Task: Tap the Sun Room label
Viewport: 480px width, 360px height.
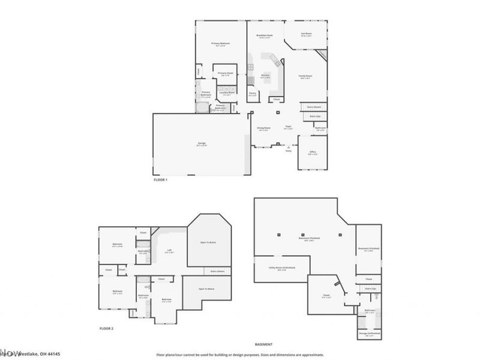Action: pyautogui.click(x=306, y=34)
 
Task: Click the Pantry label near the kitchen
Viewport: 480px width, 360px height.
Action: pyautogui.click(x=253, y=94)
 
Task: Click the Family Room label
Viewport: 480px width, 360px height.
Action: pyautogui.click(x=306, y=77)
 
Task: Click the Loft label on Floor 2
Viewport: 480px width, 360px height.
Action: pyautogui.click(x=170, y=251)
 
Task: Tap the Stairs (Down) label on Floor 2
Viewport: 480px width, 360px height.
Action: pyautogui.click(x=217, y=271)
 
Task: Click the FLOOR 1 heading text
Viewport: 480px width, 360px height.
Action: pyautogui.click(x=160, y=180)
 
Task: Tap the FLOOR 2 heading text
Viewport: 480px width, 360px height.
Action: pyautogui.click(x=106, y=329)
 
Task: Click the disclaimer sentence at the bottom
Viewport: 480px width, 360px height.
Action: pyautogui.click(x=239, y=355)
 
